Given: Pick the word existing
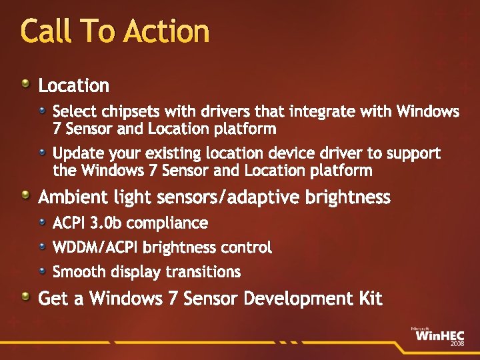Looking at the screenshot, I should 190,153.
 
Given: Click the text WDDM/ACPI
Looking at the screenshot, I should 95,247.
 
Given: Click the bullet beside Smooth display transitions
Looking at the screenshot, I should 42,270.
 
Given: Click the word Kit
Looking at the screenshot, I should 370,298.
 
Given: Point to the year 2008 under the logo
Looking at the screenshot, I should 457,343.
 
